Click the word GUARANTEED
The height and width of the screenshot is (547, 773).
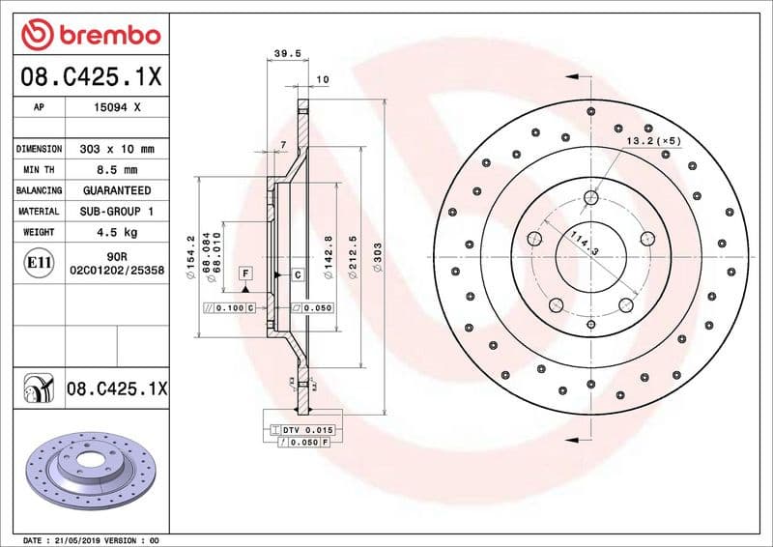pyautogui.click(x=117, y=190)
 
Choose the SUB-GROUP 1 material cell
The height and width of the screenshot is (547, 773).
pyautogui.click(x=117, y=211)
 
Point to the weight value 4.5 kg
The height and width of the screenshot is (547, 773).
pyautogui.click(x=117, y=232)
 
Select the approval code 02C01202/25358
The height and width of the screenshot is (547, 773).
pyautogui.click(x=117, y=273)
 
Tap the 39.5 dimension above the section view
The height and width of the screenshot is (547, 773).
pyautogui.click(x=282, y=55)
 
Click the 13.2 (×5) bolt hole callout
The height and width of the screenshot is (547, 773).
pyautogui.click(x=654, y=141)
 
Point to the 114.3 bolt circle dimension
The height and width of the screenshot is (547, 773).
pyautogui.click(x=584, y=244)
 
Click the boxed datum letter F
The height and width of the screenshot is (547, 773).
pyautogui.click(x=246, y=274)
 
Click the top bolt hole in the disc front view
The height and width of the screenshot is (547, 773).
pyautogui.click(x=591, y=197)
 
